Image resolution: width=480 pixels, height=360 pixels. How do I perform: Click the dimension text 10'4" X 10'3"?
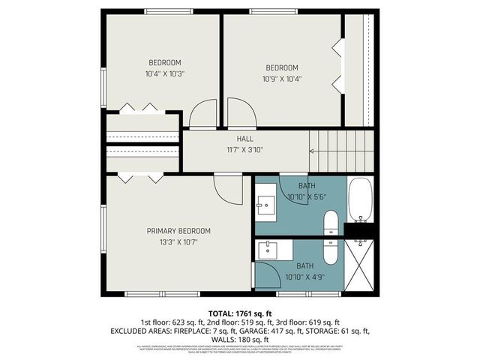point(164,74)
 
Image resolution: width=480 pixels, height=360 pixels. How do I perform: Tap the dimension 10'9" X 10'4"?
point(281,79)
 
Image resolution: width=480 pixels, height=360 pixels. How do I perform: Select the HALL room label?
point(245,139)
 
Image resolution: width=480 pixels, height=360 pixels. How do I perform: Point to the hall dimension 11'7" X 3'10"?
point(245,149)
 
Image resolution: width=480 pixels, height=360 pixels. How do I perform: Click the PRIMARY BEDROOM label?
point(178,231)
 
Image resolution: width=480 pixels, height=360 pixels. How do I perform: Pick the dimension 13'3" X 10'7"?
point(178,241)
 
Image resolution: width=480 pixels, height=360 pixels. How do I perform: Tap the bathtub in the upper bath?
point(361,200)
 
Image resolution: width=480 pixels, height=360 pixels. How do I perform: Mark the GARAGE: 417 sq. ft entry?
point(291,331)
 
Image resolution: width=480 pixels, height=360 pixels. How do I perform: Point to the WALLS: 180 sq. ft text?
point(240,340)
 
